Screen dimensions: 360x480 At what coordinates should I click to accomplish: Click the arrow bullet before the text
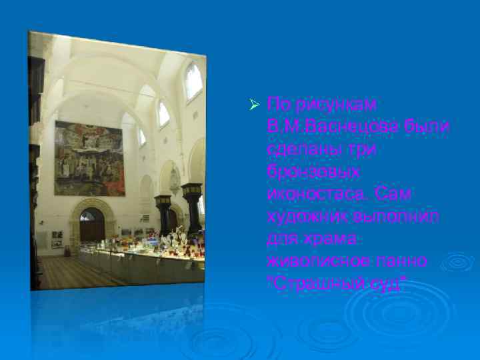253,105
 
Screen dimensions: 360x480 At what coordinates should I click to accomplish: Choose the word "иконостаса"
316,193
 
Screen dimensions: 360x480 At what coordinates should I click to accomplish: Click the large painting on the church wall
89,159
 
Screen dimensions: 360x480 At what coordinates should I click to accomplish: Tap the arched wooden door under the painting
92,225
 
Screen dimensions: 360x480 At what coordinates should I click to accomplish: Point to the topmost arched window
193,81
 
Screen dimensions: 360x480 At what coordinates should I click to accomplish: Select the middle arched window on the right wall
163,114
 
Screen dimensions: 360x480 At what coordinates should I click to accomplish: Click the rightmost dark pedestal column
192,209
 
